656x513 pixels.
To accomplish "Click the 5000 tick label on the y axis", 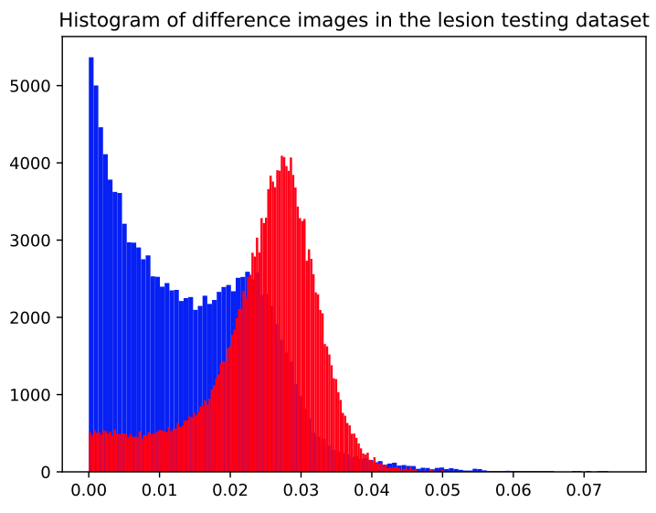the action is click(x=30, y=86).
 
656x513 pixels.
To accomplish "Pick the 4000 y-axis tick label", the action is click(x=30, y=164).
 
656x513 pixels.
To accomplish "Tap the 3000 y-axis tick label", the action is click(x=30, y=240).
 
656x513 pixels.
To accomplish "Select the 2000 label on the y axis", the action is click(x=30, y=318).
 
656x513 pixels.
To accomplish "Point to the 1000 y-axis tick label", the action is click(x=30, y=395).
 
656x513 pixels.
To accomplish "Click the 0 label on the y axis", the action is click(x=46, y=473).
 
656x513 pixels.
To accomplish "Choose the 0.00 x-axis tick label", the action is click(x=89, y=490).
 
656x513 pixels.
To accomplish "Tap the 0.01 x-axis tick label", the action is click(x=159, y=490).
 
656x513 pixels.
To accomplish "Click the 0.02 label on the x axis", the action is click(x=230, y=490).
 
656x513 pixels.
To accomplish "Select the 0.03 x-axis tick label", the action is click(x=301, y=490).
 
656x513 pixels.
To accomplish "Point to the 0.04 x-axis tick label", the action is click(x=372, y=490).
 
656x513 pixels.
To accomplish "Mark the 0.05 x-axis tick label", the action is click(x=442, y=490).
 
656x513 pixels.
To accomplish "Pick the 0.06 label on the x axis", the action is click(x=513, y=490).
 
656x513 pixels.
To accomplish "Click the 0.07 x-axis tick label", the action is click(x=584, y=490).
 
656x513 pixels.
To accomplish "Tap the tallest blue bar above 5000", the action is click(x=91, y=264).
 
